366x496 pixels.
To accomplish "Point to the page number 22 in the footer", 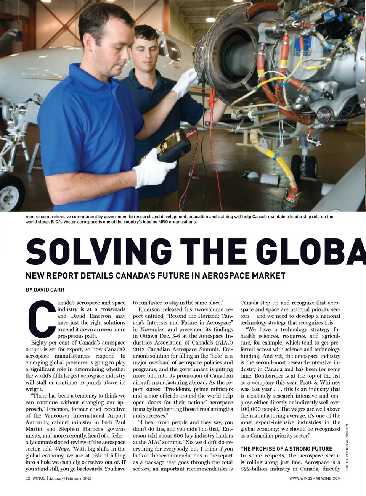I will pos(28,478).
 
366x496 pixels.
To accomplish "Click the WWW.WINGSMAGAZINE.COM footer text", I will pos(315,478).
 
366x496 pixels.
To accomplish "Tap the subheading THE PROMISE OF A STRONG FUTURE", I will pos(286,449).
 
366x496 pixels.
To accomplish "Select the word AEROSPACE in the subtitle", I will pos(222,275).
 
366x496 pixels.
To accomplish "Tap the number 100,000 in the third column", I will pos(252,409).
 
